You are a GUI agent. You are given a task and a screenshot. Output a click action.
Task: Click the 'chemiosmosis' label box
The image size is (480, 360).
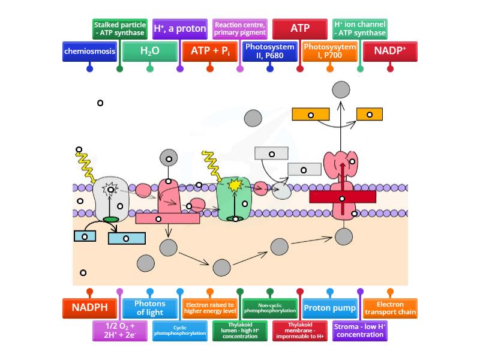89,52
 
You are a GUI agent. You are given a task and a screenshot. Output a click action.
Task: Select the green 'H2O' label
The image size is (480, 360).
149,52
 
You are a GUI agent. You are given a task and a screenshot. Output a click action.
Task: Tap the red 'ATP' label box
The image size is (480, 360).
300,29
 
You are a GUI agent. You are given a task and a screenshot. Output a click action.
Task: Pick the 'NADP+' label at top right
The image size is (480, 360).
390,52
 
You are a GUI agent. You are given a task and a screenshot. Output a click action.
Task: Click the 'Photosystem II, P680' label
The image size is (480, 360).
270,52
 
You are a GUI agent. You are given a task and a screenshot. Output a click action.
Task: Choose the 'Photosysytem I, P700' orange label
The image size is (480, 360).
330,52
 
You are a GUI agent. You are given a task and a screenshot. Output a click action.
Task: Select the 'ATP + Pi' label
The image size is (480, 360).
210,52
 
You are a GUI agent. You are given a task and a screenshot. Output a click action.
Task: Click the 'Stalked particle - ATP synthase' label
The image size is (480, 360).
119,29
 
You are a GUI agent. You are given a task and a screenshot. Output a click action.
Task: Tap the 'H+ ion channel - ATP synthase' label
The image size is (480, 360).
360,29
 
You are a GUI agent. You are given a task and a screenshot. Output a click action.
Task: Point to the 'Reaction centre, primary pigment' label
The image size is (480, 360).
240,29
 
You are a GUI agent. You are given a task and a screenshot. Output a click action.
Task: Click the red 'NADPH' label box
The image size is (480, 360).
89,308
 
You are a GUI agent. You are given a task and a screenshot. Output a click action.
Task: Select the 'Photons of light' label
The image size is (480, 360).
149,308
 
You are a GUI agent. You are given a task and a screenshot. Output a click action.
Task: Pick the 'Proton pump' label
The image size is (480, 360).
329,308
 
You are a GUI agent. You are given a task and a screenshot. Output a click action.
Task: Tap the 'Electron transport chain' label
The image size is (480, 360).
390,308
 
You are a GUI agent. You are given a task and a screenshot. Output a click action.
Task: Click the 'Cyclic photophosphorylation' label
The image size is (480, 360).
179,331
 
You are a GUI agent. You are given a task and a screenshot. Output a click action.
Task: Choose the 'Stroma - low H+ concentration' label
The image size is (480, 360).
360,331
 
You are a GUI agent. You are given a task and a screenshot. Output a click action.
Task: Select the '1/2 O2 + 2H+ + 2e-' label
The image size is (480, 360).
119,331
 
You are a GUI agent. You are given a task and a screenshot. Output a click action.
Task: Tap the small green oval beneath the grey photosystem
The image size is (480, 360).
111,220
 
